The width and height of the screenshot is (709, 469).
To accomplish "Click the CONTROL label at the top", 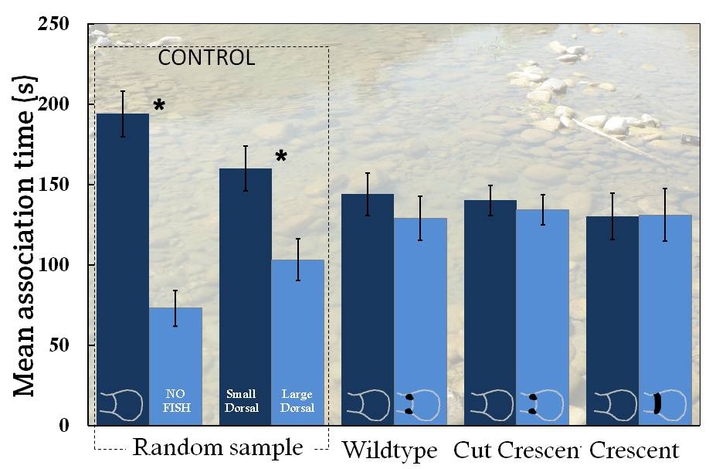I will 206,58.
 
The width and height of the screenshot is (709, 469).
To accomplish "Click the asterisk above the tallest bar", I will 159,106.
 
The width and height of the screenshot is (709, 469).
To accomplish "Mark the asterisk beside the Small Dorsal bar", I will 281,158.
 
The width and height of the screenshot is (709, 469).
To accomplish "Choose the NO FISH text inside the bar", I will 175,401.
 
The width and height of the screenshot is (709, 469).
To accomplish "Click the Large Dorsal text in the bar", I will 297,401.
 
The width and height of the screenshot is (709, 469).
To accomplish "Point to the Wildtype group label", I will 389,450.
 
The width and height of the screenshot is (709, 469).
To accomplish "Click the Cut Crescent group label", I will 517,450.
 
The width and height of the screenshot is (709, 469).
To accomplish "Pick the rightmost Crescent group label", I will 634,450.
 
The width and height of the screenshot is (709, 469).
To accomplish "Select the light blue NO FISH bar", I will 175,355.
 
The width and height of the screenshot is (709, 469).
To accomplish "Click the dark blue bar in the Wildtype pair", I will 368,309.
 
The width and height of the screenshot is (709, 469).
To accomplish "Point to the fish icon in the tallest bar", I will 122,403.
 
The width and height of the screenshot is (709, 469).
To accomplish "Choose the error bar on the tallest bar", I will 123,114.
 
